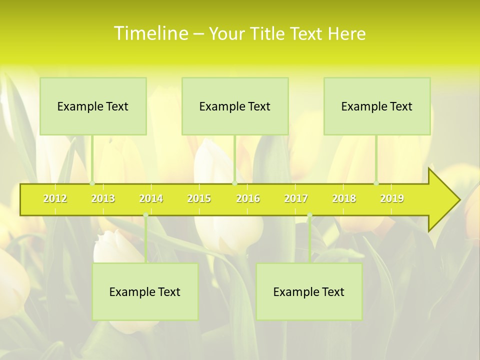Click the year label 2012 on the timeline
(55, 198)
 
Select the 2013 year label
(103, 198)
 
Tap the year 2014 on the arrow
(151, 198)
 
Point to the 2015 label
(199, 198)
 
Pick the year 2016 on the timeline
(248, 198)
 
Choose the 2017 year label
(296, 198)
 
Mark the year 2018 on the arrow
(344, 198)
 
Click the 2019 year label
(392, 198)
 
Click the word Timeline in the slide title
(150, 33)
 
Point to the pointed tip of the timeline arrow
(459, 200)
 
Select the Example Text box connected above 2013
(93, 106)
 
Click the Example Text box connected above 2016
(235, 106)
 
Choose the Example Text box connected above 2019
(377, 106)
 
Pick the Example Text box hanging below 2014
(145, 291)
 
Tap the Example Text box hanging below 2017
(309, 291)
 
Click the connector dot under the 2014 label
(145, 215)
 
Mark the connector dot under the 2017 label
(309, 215)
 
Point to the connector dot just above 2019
(376, 183)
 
